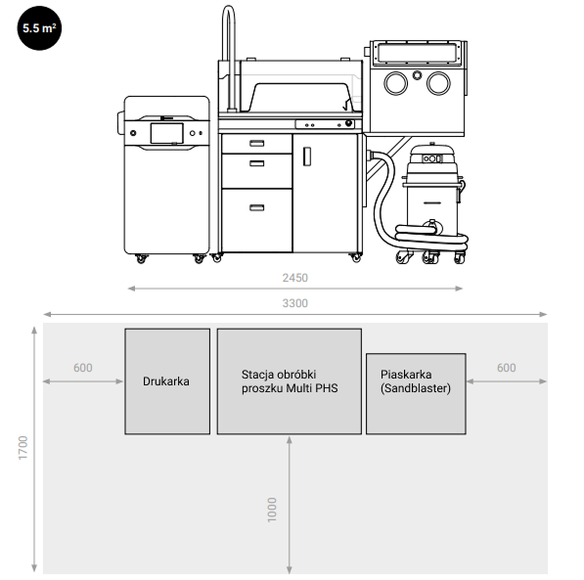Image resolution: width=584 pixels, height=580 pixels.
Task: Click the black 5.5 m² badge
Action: point(39,28)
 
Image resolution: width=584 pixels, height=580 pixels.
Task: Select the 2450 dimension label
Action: point(295,278)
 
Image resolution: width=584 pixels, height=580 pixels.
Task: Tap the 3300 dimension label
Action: point(295,303)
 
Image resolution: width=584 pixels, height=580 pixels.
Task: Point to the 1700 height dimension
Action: point(23,447)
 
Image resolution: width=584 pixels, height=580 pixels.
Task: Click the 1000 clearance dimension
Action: point(272,510)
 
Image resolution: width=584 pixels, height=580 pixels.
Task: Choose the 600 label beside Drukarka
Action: point(83,368)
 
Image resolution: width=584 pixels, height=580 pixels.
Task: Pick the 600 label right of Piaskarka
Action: point(506,368)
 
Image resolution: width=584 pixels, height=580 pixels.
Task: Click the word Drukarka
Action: point(166,381)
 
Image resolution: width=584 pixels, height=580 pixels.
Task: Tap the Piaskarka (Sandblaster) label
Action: point(416,381)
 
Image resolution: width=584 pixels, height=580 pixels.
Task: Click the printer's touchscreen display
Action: point(166,133)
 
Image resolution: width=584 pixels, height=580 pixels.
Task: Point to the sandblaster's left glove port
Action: point(395,83)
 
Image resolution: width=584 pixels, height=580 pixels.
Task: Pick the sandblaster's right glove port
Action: point(439,83)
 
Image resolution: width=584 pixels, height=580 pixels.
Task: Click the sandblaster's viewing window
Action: point(417,53)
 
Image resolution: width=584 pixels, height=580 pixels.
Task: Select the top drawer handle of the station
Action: point(256,144)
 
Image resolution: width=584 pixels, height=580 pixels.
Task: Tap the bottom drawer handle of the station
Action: point(256,207)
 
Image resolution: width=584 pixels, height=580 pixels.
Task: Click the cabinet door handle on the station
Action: point(307,156)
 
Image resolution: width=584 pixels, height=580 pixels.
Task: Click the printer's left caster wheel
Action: point(141,258)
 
